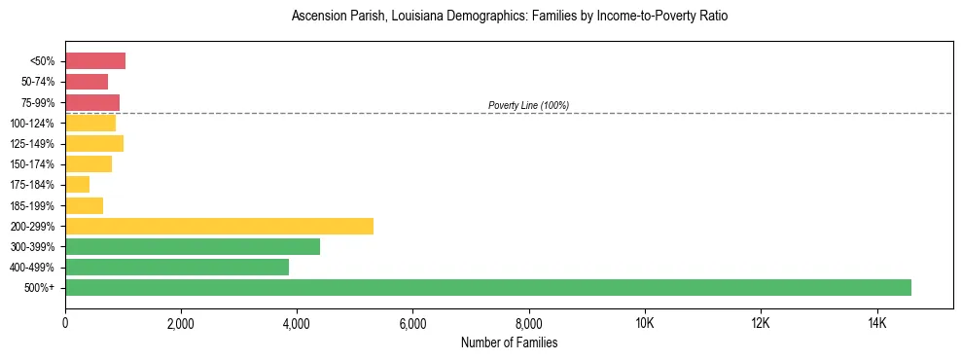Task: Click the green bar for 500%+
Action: click(x=488, y=287)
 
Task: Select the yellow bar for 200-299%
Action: click(x=219, y=226)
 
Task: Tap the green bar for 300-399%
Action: click(x=193, y=246)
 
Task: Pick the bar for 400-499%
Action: click(x=177, y=267)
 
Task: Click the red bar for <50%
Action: click(x=95, y=61)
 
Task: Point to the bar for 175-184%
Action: click(x=78, y=184)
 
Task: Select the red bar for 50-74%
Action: click(x=87, y=82)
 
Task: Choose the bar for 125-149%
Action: click(x=94, y=143)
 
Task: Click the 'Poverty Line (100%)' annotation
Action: click(x=528, y=105)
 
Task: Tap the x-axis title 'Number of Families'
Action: click(x=509, y=342)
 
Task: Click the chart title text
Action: click(x=509, y=17)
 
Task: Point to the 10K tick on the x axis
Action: click(x=645, y=322)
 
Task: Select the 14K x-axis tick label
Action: click(x=876, y=322)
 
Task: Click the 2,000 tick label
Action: click(x=181, y=322)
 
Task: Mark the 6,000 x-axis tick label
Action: click(x=412, y=322)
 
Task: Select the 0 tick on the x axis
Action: click(x=65, y=322)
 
